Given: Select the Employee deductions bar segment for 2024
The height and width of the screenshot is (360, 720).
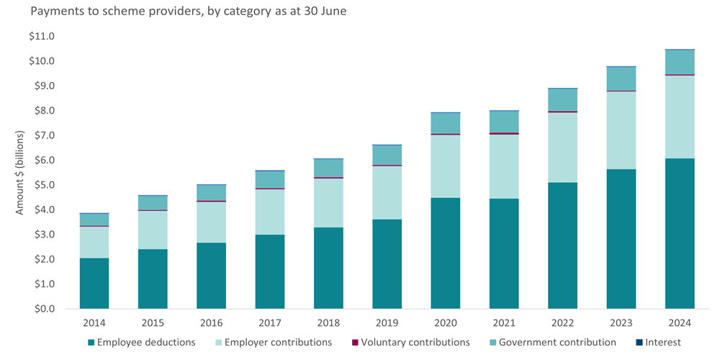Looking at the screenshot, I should pos(680,233).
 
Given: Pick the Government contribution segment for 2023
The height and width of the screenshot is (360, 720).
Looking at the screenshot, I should pos(621,78).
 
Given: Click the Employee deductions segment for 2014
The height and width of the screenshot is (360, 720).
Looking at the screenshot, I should pos(94,283).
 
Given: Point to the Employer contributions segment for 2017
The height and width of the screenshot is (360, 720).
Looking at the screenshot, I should pos(270,212).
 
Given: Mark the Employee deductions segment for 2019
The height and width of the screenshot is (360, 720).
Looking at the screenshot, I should pos(387,264).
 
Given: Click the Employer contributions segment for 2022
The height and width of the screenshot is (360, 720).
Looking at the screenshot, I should pos(562,148).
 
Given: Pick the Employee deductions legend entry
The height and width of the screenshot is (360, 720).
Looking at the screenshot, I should pos(141,343).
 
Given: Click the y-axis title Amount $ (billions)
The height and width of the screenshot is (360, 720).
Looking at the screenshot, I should pos(21,173).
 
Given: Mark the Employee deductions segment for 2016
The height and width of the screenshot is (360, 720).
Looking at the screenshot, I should pos(211,276).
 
